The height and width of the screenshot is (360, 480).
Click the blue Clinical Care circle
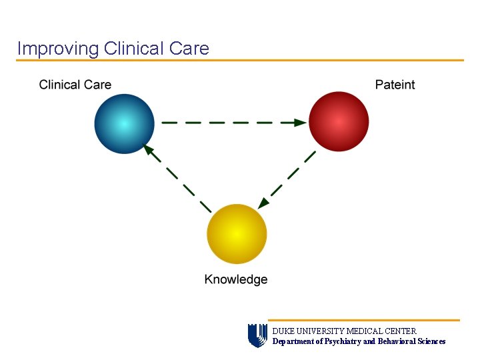coord(124,124)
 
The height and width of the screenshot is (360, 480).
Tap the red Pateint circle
coord(339,122)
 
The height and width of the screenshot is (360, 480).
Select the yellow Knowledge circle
coord(237,234)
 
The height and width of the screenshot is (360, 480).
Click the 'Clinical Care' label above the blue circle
coord(75,85)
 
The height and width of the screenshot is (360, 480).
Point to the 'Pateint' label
coord(395,85)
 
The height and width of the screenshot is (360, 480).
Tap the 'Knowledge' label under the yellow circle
coord(236,279)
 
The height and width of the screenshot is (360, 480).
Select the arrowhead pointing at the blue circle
coord(149,151)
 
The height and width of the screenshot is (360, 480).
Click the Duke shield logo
coord(257,335)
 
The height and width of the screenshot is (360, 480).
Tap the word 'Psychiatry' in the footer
coord(340,341)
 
